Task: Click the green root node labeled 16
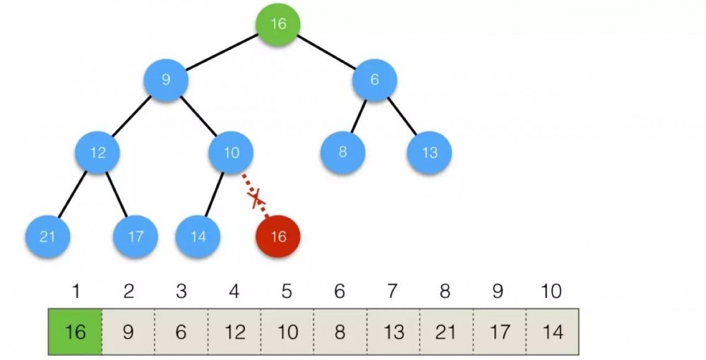tap(278, 24)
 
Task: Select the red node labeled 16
tap(278, 236)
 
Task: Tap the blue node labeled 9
tap(166, 80)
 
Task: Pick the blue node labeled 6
tap(374, 80)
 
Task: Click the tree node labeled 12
tap(98, 152)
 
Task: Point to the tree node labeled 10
tap(232, 152)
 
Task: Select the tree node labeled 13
tap(429, 152)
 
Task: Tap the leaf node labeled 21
tap(47, 236)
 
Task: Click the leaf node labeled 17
tap(135, 236)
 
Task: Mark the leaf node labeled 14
tap(198, 236)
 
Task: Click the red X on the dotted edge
tap(257, 198)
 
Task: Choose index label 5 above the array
tap(287, 291)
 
